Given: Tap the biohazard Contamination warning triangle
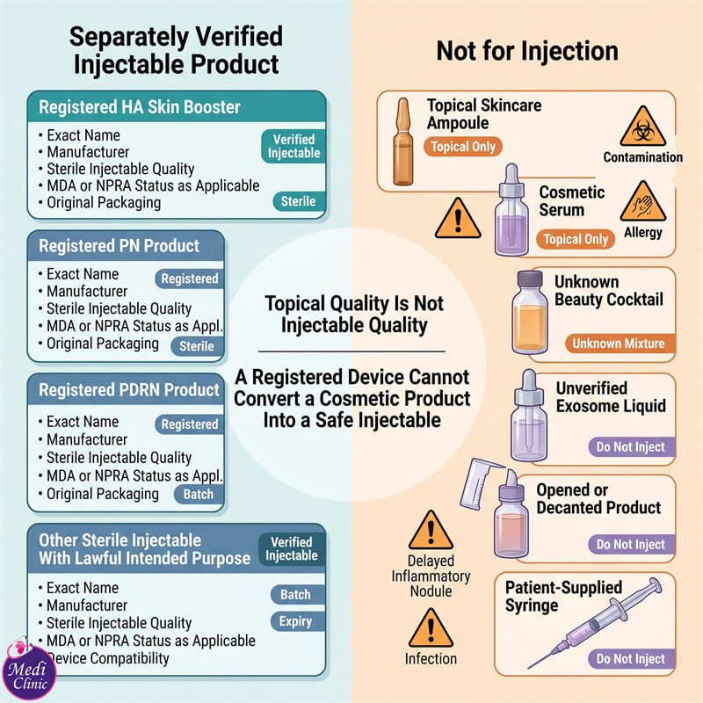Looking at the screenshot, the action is [643, 127].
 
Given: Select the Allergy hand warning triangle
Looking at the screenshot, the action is [643, 202].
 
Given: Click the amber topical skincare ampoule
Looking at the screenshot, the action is [403, 141].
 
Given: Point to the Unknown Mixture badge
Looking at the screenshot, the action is [620, 344].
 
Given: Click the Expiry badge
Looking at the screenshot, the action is [297, 621].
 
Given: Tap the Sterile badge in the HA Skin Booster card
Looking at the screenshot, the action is [299, 201].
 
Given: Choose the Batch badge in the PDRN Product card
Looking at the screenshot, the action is [199, 494].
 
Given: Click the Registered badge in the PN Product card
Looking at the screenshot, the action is [189, 279].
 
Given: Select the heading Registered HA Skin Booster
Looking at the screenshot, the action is [140, 107].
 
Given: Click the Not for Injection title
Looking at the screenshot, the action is [527, 51].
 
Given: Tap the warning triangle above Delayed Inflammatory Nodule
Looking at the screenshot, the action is [431, 530].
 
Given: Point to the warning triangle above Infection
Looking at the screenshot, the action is [431, 627].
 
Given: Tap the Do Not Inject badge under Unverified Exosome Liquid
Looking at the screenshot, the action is [631, 447].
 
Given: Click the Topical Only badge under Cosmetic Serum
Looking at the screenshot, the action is [576, 239].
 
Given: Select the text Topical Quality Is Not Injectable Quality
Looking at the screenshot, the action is [354, 315].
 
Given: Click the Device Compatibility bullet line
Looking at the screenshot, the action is [107, 658].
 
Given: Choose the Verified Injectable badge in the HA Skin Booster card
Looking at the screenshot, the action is [294, 146].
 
